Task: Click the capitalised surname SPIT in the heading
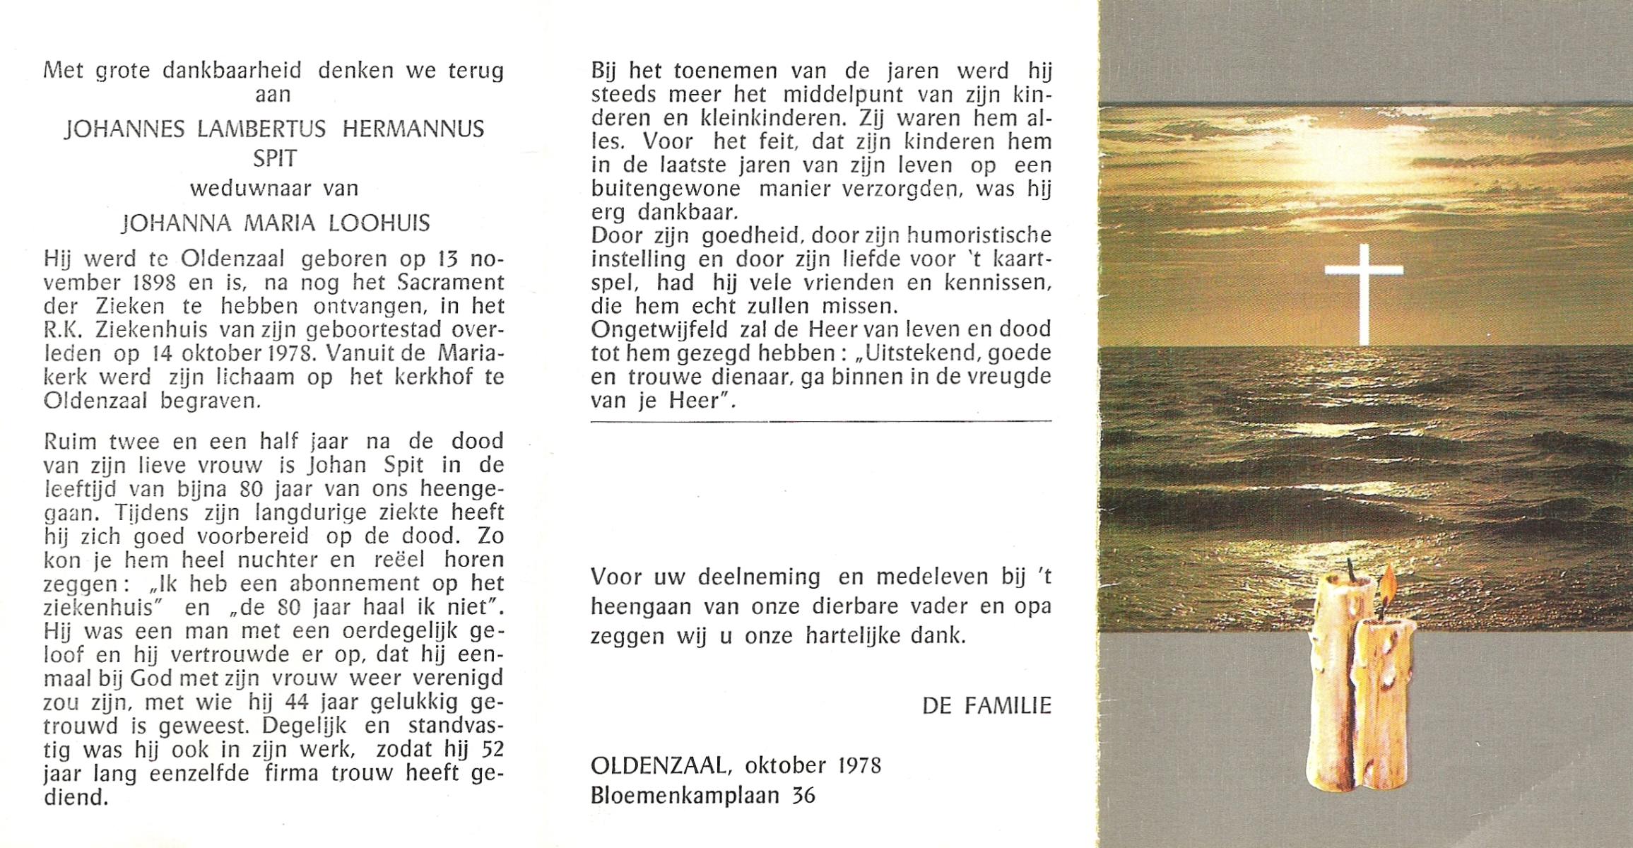click(274, 158)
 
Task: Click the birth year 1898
click(153, 283)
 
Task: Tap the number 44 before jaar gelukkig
click(283, 702)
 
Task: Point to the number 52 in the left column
click(490, 750)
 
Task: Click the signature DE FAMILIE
click(986, 705)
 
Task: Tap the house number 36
click(803, 796)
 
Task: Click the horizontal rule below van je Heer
click(820, 421)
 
